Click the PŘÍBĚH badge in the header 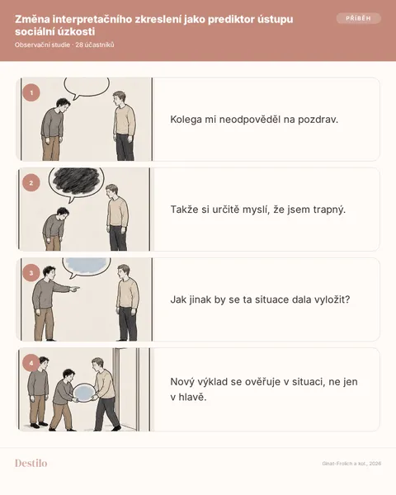coord(358,18)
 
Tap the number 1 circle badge coord(31,92)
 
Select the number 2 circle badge coord(31,183)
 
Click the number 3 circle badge coord(31,273)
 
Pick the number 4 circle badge coord(31,363)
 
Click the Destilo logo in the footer coord(31,463)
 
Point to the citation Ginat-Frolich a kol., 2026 coord(351,464)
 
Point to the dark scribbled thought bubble coord(76,182)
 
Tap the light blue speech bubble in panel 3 coord(86,266)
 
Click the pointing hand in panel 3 coord(74,288)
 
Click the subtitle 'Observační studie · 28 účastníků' coord(64,45)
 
